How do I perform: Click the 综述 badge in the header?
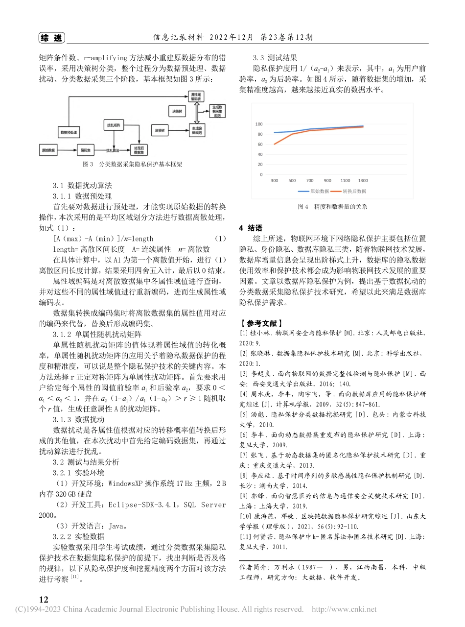coord(52,38)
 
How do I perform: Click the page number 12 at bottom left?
coord(43,600)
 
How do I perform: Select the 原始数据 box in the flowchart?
coord(48,149)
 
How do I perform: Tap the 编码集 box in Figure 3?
coord(85,149)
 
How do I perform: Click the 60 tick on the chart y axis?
coord(259,144)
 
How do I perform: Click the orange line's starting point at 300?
coord(274,144)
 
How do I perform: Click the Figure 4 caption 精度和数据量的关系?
coord(332,207)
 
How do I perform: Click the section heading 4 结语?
coord(250,228)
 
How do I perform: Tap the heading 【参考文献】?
coord(260,323)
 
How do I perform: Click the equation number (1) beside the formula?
coord(220,239)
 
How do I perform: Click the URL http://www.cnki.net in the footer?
coord(344,610)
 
